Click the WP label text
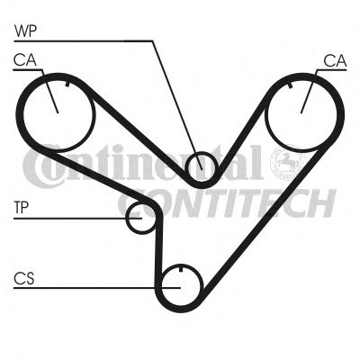(x=25, y=31)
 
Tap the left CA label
(x=24, y=60)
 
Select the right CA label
(x=335, y=61)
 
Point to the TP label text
(x=22, y=208)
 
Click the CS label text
(x=24, y=278)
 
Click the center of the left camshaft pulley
(x=58, y=112)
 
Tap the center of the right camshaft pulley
(x=301, y=113)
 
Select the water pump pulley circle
(x=186, y=166)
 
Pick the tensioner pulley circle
(x=127, y=218)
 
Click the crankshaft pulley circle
(x=162, y=285)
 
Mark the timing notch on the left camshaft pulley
(x=67, y=84)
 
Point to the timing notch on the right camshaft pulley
(x=290, y=85)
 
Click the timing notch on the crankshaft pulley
(x=181, y=268)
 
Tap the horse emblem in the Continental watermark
(x=286, y=163)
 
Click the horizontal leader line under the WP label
(x=84, y=40)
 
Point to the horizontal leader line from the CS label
(x=97, y=288)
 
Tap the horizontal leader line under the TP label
(x=77, y=219)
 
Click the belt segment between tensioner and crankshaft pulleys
(x=158, y=246)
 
